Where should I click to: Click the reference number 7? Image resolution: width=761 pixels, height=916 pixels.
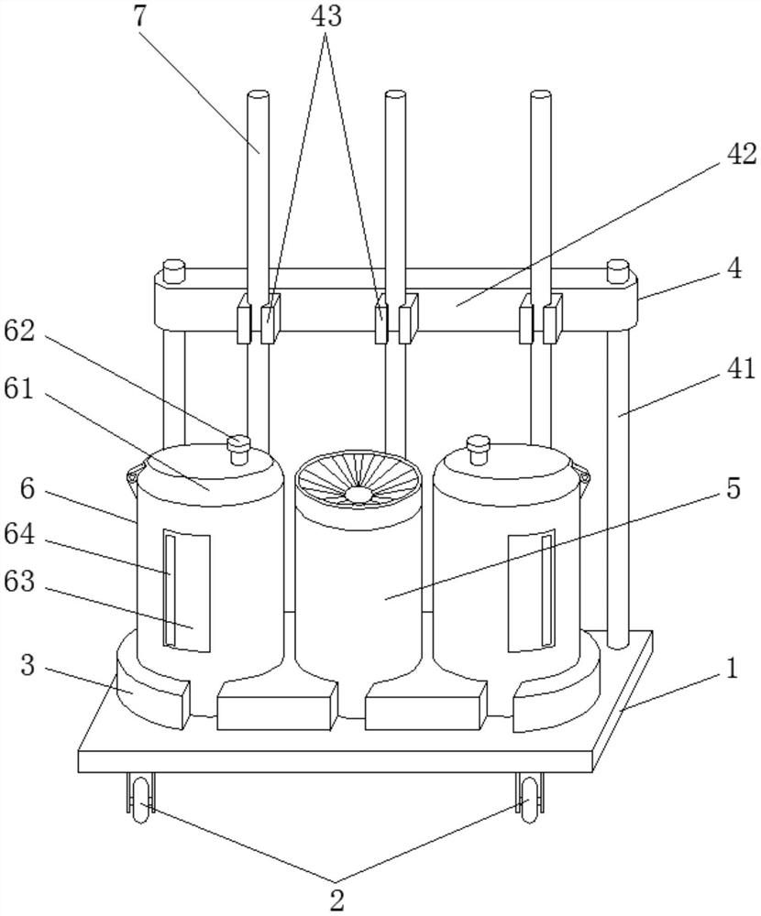tap(139, 16)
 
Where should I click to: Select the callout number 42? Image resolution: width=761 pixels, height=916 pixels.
tap(741, 155)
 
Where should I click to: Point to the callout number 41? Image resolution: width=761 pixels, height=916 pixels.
tap(741, 369)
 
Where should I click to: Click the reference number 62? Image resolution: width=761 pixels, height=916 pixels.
tap(19, 332)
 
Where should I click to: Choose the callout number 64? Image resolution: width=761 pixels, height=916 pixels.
tap(19, 535)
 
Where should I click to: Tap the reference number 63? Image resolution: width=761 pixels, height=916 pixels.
tap(19, 582)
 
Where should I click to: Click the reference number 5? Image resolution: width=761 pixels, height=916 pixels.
tap(733, 488)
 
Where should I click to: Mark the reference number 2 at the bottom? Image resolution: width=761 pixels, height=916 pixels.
tap(336, 900)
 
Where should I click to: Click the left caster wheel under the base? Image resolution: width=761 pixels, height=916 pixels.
tap(141, 800)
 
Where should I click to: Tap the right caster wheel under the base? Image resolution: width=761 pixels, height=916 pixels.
tap(529, 800)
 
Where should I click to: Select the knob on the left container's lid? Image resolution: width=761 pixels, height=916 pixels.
tap(238, 449)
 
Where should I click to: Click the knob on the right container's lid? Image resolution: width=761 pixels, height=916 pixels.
tap(478, 449)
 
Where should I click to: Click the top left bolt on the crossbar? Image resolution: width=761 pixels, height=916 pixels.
tap(173, 271)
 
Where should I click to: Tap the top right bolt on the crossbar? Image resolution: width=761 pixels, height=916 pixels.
tap(618, 271)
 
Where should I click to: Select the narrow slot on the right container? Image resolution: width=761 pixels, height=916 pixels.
tap(547, 590)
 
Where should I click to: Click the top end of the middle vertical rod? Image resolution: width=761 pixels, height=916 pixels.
tap(395, 94)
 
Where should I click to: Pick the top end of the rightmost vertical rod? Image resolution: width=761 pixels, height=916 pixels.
tap(541, 94)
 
